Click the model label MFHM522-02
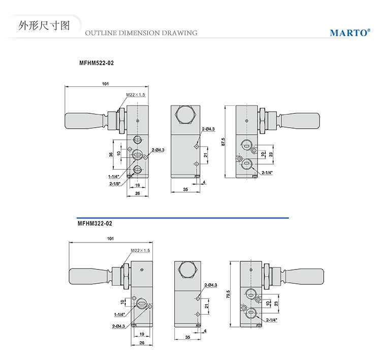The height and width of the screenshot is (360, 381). point(97,64)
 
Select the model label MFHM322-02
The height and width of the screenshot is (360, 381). point(94,223)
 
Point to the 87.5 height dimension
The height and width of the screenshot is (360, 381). point(224,142)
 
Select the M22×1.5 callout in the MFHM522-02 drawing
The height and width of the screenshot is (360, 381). point(136,95)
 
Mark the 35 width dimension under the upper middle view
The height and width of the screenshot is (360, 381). point(185,189)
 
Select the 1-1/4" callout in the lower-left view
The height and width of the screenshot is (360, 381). point(120,314)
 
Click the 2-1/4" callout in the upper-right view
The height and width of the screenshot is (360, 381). point(267,173)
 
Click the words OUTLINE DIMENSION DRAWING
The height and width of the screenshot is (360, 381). point(141,33)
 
